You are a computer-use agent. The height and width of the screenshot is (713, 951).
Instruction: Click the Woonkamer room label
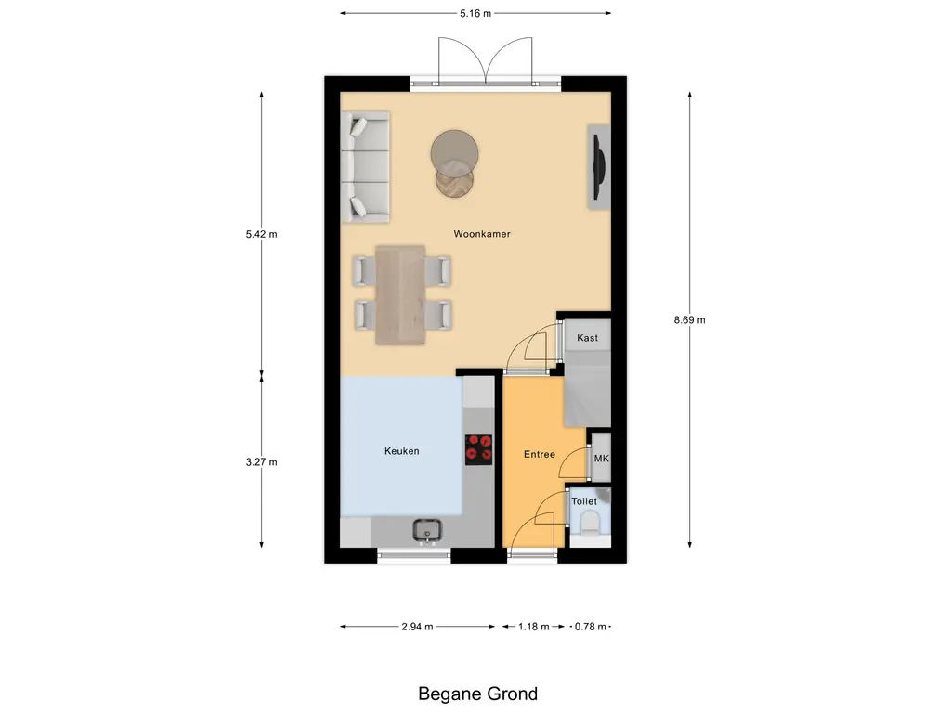[x=482, y=234]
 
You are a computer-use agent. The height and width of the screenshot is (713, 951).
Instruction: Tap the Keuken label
[x=402, y=451]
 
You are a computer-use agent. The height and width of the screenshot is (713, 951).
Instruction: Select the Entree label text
[x=540, y=454]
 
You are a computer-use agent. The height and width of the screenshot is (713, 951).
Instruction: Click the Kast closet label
[x=587, y=338]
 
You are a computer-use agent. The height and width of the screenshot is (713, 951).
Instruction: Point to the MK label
[x=601, y=458]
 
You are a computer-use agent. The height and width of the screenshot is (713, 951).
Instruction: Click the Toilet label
[x=584, y=501]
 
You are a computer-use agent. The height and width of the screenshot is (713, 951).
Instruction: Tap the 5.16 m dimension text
[x=475, y=14]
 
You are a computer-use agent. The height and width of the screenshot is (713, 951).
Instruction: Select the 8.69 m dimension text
[x=689, y=319]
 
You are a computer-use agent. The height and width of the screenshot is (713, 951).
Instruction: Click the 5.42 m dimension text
[x=261, y=234]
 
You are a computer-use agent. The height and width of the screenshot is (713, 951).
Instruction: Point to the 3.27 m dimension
[x=261, y=461]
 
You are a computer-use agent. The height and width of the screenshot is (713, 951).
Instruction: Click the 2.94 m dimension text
[x=417, y=627]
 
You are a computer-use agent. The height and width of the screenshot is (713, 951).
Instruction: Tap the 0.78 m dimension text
[x=590, y=627]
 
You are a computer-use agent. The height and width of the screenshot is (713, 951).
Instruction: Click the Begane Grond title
[x=477, y=694]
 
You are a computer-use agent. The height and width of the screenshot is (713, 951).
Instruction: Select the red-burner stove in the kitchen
[x=478, y=448]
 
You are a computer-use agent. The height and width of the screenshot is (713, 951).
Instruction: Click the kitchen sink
[x=428, y=530]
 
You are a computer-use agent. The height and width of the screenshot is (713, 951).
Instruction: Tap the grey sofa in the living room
[x=367, y=167]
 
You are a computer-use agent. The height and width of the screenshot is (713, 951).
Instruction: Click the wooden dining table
[x=400, y=294]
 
